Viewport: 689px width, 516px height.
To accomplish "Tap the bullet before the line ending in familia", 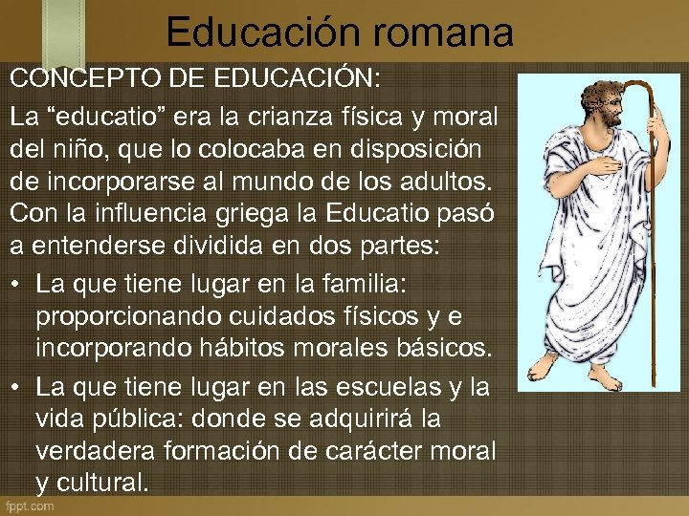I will click(17, 283).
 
